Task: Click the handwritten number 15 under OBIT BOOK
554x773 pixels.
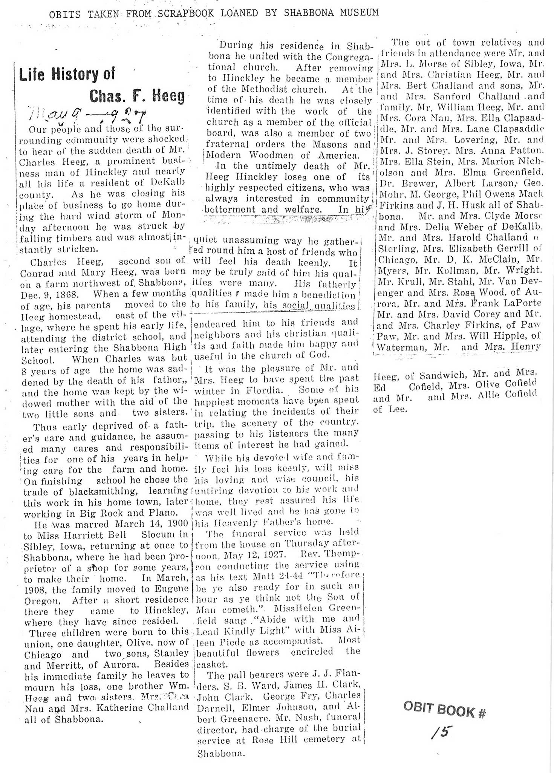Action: click(x=441, y=732)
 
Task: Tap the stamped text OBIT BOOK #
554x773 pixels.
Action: click(x=444, y=710)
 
